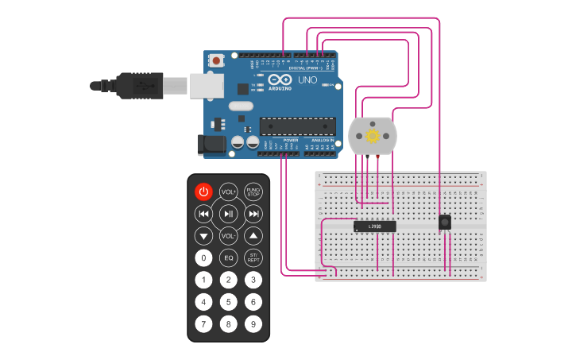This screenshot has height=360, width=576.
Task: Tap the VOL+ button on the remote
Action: tap(229, 192)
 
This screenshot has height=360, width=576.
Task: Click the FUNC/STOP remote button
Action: tap(253, 192)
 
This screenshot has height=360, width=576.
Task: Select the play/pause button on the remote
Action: tap(229, 214)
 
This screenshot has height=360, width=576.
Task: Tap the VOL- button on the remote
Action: tap(229, 236)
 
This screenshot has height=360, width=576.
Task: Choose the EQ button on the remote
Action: tap(229, 257)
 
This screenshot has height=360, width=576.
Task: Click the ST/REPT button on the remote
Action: tap(253, 257)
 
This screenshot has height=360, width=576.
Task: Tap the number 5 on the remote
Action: tap(229, 302)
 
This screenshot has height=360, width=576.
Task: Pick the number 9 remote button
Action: tap(253, 324)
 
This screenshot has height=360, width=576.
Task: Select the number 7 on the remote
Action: tap(204, 324)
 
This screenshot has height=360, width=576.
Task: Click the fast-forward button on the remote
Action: tap(253, 214)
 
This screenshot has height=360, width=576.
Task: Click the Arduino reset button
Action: tap(216, 60)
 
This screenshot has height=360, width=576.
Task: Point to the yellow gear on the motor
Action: tap(373, 136)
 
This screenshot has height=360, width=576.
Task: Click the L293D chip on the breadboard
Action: tap(375, 226)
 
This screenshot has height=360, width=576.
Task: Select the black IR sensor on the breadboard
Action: tap(445, 222)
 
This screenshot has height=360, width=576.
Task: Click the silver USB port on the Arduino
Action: tap(206, 85)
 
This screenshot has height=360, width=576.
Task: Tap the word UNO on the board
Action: tap(307, 80)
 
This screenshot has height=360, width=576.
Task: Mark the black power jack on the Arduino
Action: tap(210, 144)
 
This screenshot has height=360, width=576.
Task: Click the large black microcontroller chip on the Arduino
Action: tap(293, 126)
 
